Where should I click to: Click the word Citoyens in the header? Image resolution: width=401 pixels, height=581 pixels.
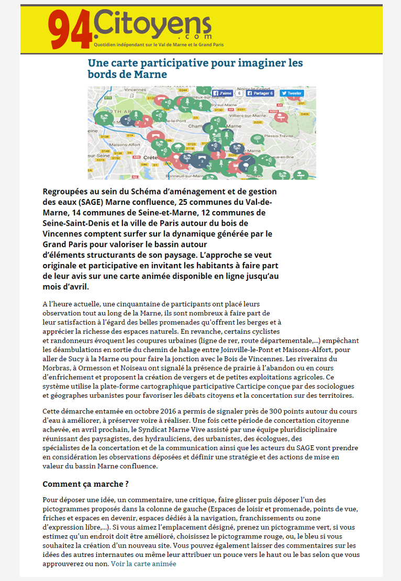152,23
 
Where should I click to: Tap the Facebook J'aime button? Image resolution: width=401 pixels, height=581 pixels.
222,93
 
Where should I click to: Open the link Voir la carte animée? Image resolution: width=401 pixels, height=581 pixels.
143,564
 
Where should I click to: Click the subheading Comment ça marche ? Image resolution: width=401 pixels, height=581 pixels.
85,483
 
